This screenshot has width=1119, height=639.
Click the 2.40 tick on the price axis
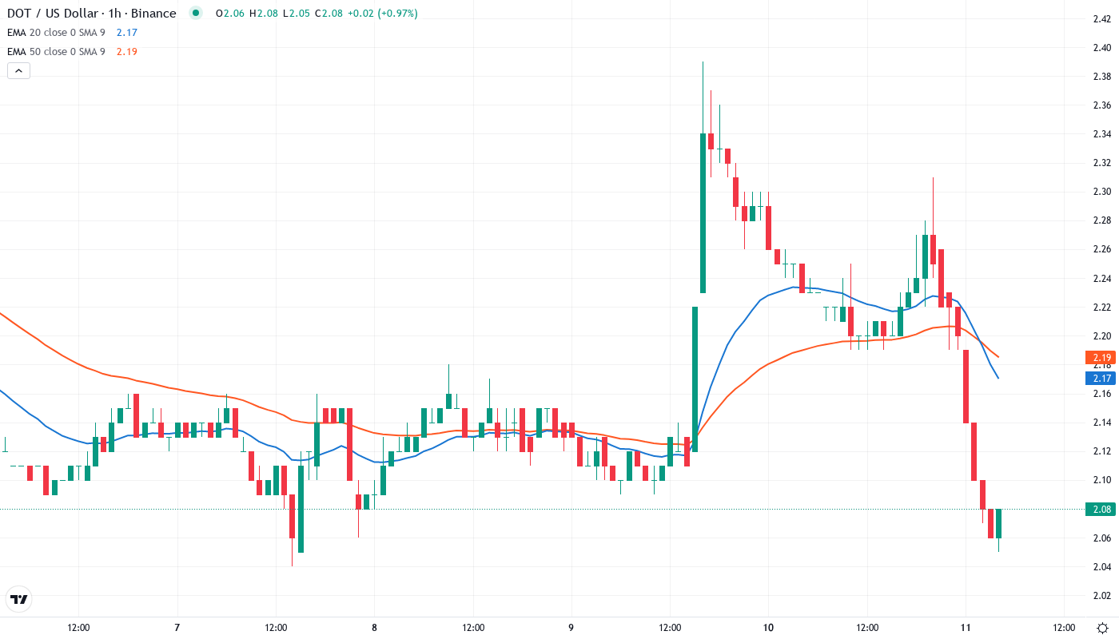1101,48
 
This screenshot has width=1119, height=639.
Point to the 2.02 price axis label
1101,595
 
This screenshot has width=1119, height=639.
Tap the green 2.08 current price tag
1101,509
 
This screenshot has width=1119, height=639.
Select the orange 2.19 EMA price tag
1101,358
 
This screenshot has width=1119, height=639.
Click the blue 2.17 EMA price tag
1101,377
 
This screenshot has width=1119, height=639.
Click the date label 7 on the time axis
177,627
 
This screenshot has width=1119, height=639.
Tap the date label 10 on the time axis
768,627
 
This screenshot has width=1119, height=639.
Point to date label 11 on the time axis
966,627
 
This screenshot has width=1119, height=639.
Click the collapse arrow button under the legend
18,70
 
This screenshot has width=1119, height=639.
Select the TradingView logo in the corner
18,599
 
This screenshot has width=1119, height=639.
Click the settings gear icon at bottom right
1101,627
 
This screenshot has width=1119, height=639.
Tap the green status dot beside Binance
195,13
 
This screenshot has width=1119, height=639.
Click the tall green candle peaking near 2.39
703,212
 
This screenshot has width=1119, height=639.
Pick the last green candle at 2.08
998,523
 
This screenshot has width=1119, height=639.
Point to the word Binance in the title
154,14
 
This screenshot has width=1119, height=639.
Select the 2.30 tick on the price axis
1101,192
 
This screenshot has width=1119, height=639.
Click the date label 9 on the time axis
571,627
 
